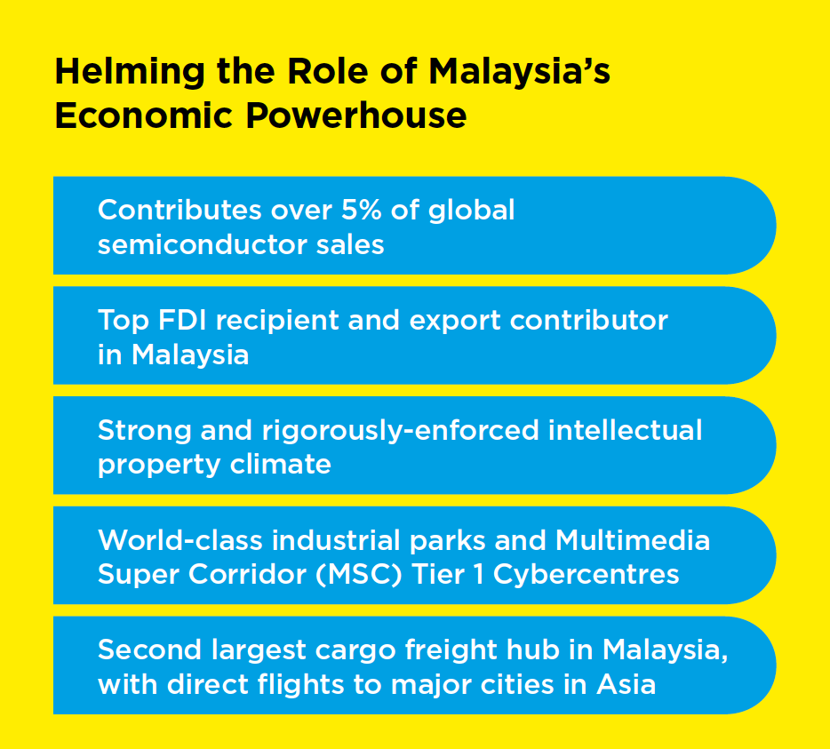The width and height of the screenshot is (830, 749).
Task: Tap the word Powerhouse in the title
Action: coord(356,116)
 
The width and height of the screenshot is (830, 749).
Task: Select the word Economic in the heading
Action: coord(144,116)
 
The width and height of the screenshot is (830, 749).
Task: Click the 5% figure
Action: coord(361,210)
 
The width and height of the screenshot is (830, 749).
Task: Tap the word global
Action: coord(471,211)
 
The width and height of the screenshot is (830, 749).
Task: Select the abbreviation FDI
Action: coord(182,320)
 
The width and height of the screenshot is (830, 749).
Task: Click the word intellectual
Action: coord(625,429)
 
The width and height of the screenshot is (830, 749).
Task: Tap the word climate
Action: coord(281,464)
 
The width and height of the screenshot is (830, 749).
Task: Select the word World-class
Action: coord(180,540)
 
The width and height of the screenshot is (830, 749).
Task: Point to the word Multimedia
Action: coord(633,540)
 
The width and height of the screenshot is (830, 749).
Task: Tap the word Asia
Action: coord(626,684)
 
